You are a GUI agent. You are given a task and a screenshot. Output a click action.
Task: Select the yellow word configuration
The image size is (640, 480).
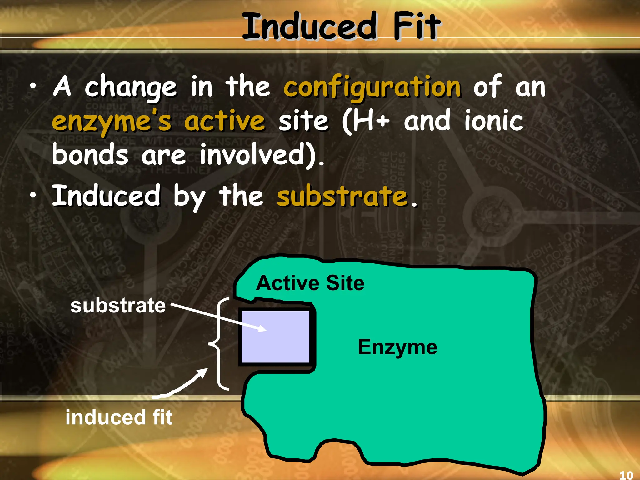372,87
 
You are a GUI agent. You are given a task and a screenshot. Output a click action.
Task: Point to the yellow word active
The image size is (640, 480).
224,121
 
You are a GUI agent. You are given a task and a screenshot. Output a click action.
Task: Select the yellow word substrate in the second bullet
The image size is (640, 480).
342,196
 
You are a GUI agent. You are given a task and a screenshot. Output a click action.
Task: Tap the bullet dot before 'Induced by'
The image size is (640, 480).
33,195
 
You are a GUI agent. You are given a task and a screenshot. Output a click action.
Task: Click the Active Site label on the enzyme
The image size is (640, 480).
310,283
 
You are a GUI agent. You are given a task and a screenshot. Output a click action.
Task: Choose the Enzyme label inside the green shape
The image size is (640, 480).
397,347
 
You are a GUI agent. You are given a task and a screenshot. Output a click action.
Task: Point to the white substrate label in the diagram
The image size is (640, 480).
118,306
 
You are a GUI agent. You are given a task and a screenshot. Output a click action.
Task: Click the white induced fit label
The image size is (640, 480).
119,417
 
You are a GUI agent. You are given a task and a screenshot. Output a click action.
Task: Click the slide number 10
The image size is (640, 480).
626,475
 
